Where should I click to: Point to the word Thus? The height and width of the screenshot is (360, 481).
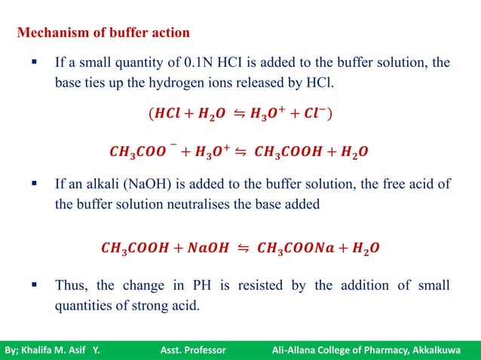pos(70,286)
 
